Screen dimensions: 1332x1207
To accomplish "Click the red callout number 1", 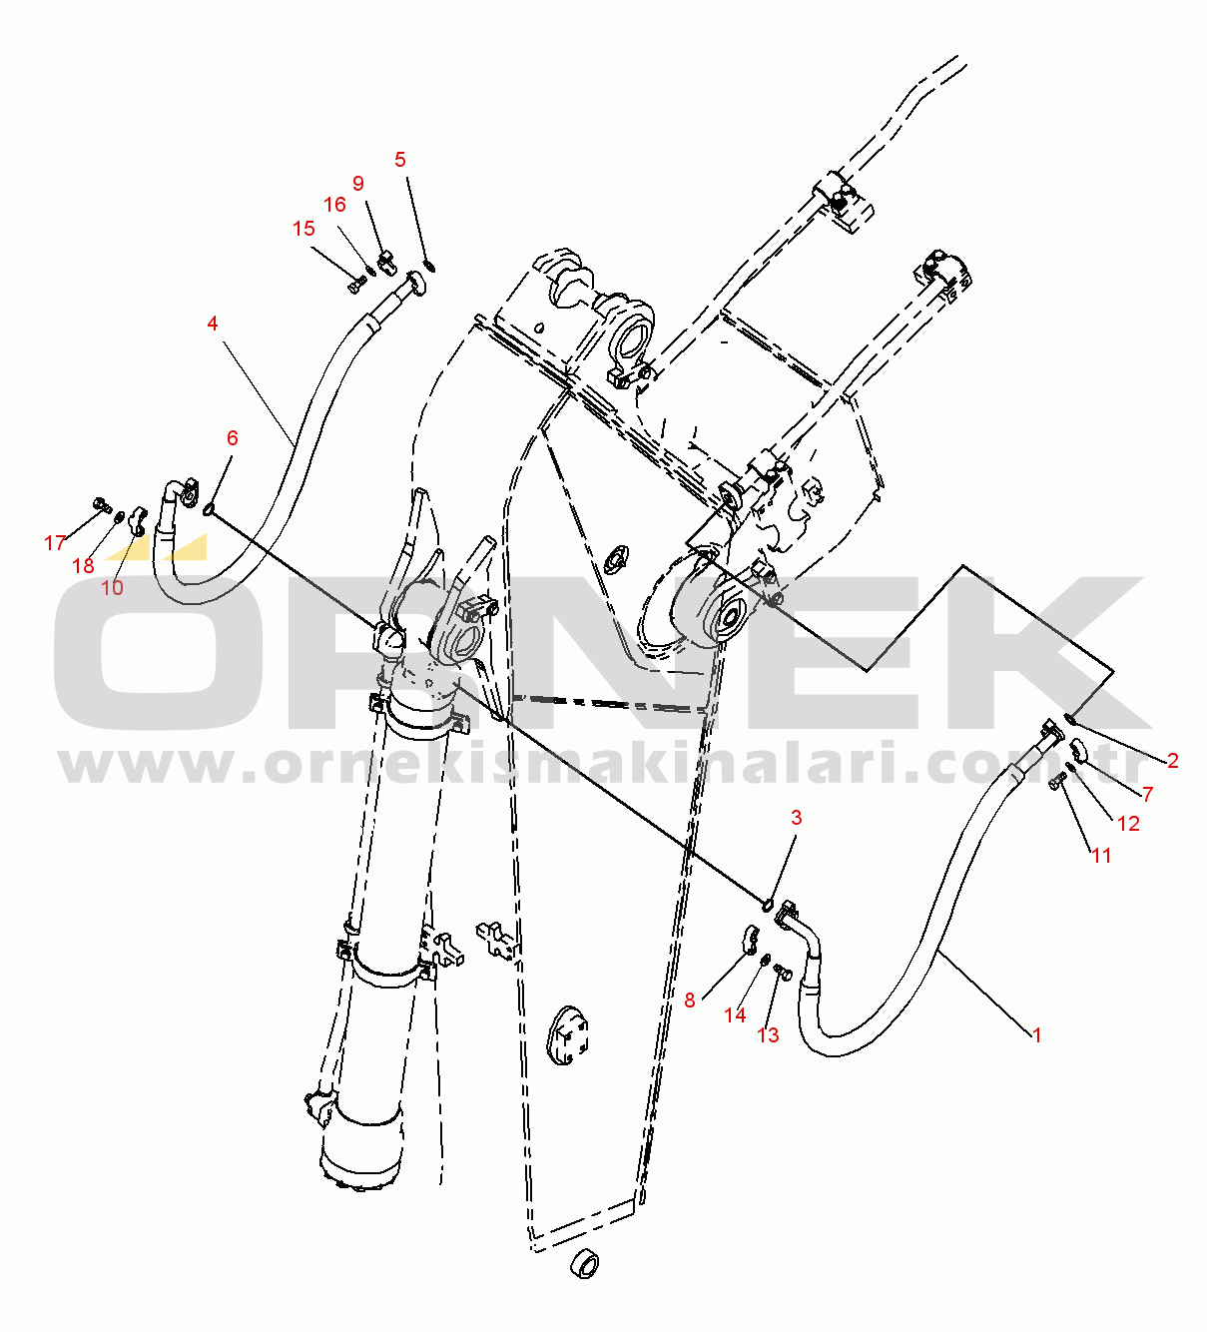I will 1036,1035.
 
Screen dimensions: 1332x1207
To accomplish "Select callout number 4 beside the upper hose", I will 213,324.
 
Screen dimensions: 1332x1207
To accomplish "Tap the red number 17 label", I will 55,543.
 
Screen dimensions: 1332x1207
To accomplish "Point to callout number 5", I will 400,160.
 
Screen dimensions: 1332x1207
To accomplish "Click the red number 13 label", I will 768,1035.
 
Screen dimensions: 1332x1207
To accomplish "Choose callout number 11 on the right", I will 1100,856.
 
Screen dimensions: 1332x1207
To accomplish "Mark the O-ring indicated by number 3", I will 767,905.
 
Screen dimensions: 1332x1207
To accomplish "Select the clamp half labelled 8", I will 750,939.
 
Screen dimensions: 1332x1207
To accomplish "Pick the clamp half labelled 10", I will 137,518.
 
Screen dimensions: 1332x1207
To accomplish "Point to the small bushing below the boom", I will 585,1264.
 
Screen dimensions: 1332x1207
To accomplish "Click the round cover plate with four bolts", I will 568,1035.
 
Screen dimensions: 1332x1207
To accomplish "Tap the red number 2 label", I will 1173,761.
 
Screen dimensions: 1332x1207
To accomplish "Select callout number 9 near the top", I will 358,184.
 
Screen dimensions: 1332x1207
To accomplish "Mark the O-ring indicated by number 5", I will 430,265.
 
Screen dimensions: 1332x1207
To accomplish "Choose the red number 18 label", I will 83,566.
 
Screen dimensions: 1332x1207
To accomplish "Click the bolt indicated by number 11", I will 1057,780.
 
